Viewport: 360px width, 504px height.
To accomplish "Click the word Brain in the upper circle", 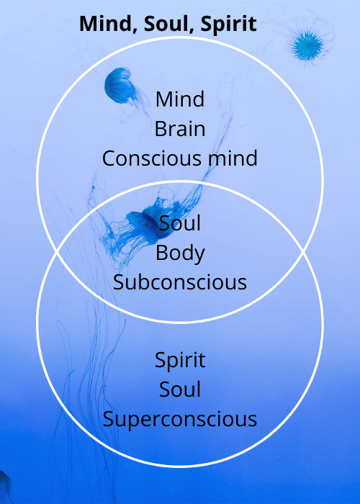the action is (180, 129).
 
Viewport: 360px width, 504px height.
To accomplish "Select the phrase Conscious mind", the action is (180, 158).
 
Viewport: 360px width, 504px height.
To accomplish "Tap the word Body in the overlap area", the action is (180, 253).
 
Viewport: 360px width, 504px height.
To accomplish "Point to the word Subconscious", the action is (180, 282).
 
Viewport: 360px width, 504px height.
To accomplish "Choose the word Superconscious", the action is (180, 420).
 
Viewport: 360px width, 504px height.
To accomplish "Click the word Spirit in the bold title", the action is (228, 24).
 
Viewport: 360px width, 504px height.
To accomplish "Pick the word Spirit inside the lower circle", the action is (180, 360).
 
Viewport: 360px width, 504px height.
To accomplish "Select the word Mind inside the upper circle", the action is (180, 99).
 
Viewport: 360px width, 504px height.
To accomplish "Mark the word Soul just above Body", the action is (180, 223).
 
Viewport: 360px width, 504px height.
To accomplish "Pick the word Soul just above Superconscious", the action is (180, 390).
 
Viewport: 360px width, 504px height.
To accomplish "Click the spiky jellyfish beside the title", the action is (307, 45).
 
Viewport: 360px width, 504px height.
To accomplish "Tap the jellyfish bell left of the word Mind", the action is (119, 85).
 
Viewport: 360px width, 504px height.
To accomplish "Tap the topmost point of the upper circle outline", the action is (180, 37).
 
